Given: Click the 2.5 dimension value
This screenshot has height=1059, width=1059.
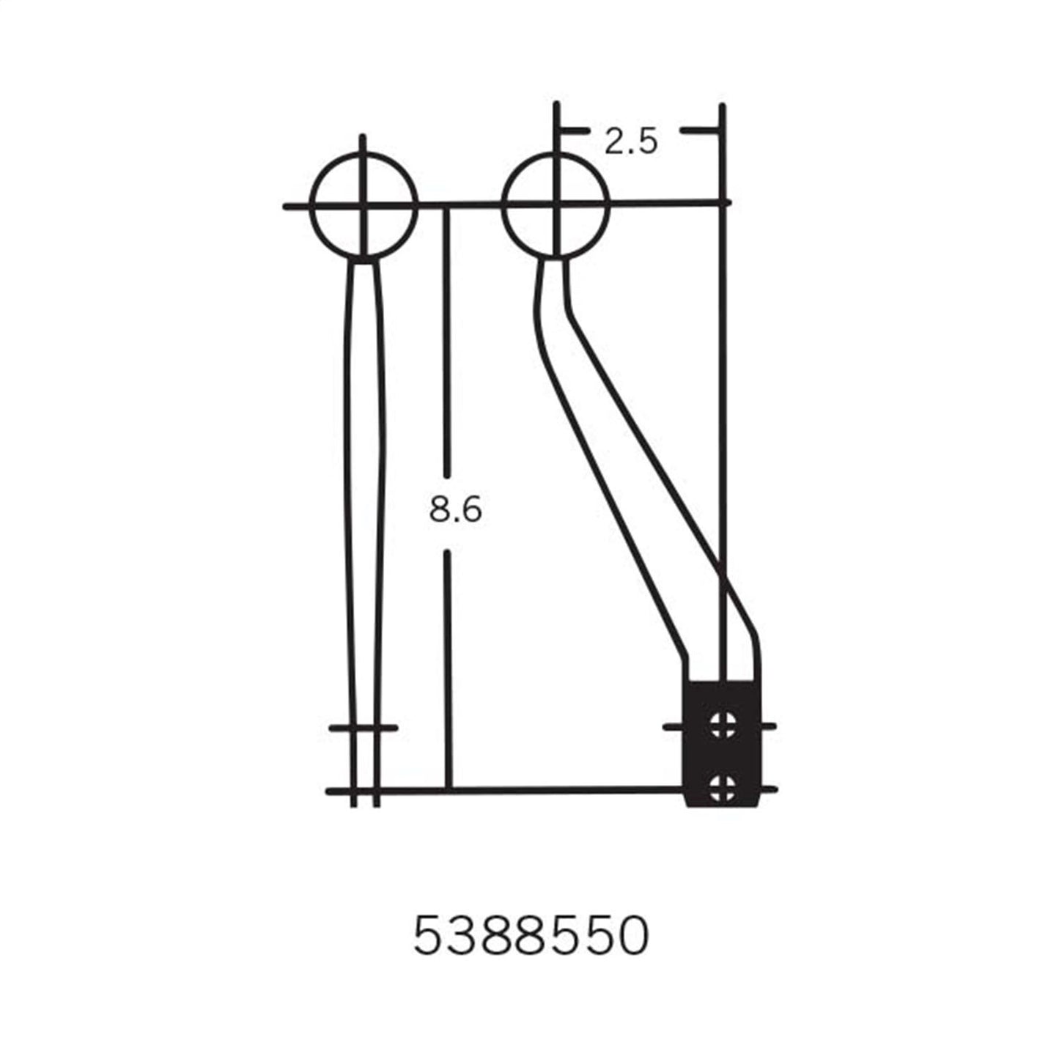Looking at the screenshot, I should click(x=630, y=141).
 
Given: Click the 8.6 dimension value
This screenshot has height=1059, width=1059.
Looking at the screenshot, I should click(x=455, y=509).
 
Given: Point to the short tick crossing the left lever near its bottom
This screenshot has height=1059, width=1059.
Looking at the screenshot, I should click(x=364, y=728).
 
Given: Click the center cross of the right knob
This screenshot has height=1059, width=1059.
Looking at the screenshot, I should click(x=556, y=204).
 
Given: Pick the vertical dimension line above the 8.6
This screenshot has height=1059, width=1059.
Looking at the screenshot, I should click(x=449, y=337).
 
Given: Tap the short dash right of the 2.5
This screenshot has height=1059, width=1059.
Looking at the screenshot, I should click(x=698, y=131).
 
